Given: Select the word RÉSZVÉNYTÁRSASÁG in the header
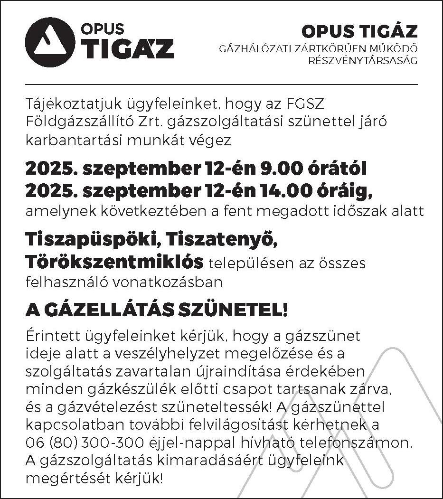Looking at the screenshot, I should click(363, 61).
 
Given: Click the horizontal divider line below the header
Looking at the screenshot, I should click(221, 85).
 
